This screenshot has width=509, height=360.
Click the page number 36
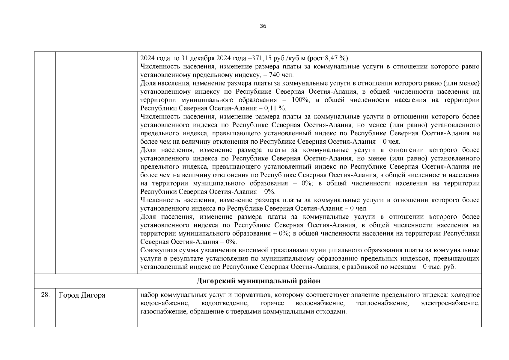tap(263, 26)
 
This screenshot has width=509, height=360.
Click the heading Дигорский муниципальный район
tap(258, 281)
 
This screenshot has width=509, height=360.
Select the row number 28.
tap(45, 295)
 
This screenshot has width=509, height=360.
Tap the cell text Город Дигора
tap(82, 295)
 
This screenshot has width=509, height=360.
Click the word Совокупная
tap(157, 250)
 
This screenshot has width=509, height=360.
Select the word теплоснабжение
tap(382, 303)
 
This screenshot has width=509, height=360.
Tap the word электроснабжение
tap(450, 303)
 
